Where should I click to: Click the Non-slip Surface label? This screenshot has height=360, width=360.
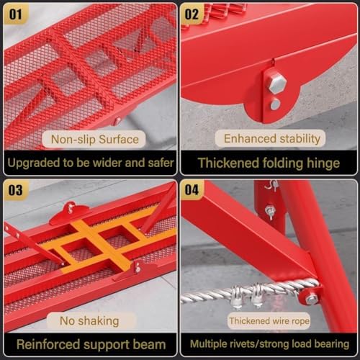(94, 138)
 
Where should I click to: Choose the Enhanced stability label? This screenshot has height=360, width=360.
(270, 138)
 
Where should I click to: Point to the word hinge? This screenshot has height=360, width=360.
(320, 163)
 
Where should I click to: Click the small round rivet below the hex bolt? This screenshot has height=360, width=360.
(275, 104)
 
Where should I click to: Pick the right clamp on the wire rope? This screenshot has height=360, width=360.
(257, 292)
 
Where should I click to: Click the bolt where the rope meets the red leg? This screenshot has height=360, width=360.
(311, 297)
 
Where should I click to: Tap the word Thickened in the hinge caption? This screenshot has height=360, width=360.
(230, 163)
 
